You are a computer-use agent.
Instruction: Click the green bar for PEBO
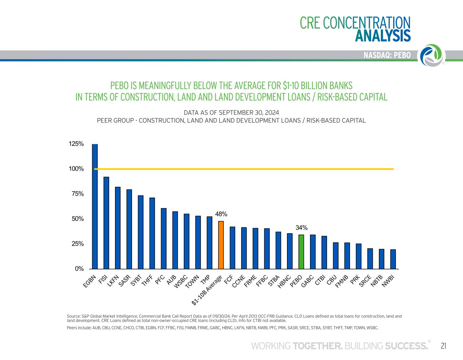(301, 252)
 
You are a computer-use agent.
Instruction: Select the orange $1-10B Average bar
(221, 245)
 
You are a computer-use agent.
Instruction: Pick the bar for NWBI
(393, 259)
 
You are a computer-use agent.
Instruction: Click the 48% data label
(221, 214)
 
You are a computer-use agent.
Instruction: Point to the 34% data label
(301, 227)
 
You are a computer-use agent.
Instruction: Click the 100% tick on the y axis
(76, 169)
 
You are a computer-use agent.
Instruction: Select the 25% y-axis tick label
(77, 244)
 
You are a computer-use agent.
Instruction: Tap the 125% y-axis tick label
(76, 144)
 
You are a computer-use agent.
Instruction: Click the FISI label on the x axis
(103, 279)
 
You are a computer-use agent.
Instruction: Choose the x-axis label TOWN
(192, 281)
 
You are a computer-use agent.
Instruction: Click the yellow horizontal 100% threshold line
(244, 169)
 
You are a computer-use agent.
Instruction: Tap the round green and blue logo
(432, 55)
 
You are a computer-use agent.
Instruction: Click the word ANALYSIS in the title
(383, 36)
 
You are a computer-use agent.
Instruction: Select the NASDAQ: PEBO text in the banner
(387, 55)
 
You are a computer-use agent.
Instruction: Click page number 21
(443, 346)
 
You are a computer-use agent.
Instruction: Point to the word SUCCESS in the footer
(406, 346)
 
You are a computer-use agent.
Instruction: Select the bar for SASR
(129, 229)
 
